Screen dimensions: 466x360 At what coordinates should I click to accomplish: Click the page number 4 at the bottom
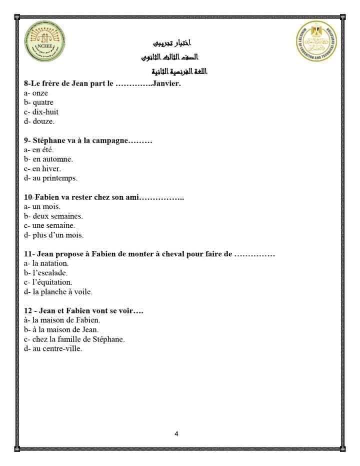click(176, 434)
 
